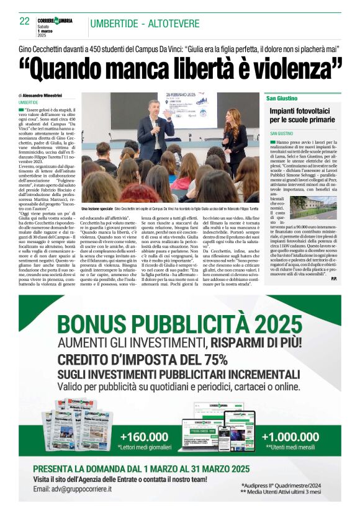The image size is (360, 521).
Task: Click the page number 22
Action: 24,21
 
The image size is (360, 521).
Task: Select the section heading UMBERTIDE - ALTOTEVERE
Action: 145,24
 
